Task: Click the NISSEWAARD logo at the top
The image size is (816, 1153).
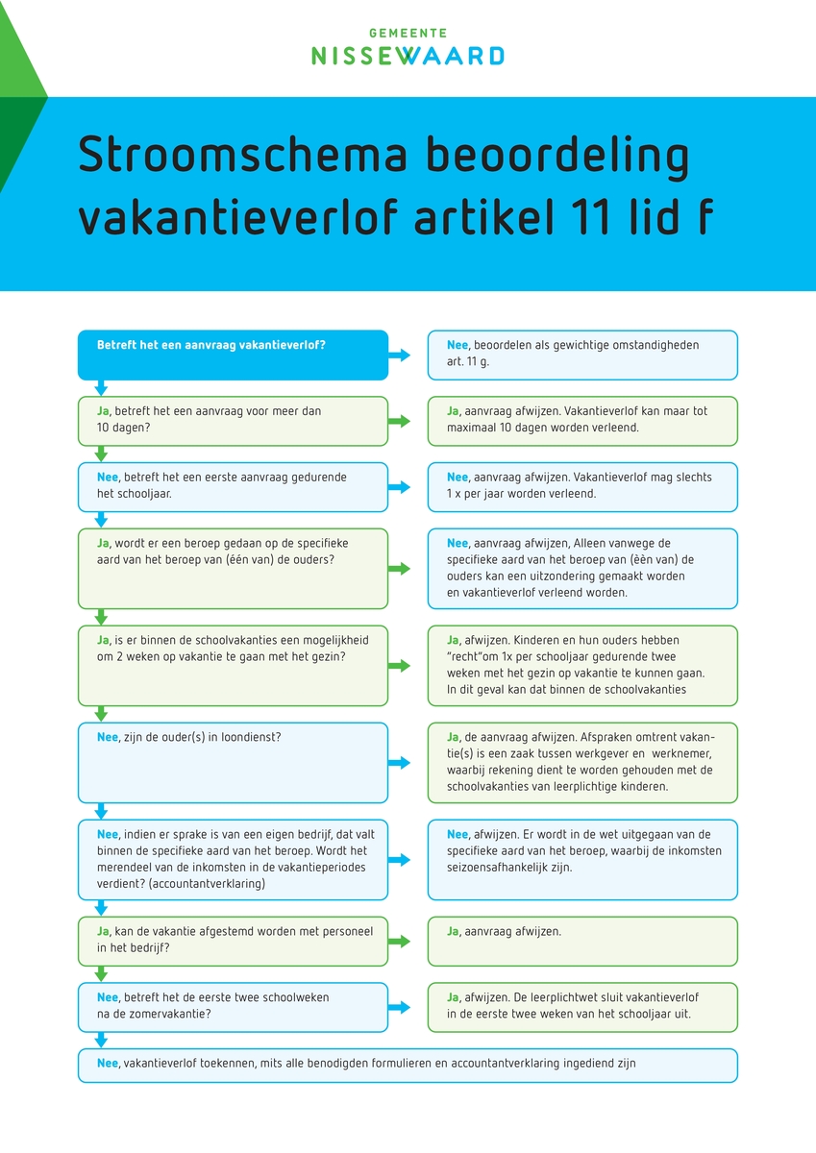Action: point(408,56)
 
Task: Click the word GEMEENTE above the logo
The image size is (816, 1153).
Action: point(408,33)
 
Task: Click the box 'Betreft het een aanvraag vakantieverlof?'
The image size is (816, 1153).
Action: point(233,355)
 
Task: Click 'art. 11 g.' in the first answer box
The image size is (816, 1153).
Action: point(469,361)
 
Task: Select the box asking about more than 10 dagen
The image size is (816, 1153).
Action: point(233,420)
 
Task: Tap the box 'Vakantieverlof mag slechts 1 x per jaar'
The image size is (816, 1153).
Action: point(582,486)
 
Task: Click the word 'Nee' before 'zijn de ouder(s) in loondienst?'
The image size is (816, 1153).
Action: point(108,737)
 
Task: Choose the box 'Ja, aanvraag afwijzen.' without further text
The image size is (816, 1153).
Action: point(582,941)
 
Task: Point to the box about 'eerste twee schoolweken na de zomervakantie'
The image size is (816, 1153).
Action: point(233,1006)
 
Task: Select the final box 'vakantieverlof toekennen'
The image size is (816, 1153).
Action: point(408,1065)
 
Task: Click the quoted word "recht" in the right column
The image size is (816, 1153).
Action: point(468,656)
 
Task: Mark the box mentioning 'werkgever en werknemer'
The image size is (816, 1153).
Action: point(582,762)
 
